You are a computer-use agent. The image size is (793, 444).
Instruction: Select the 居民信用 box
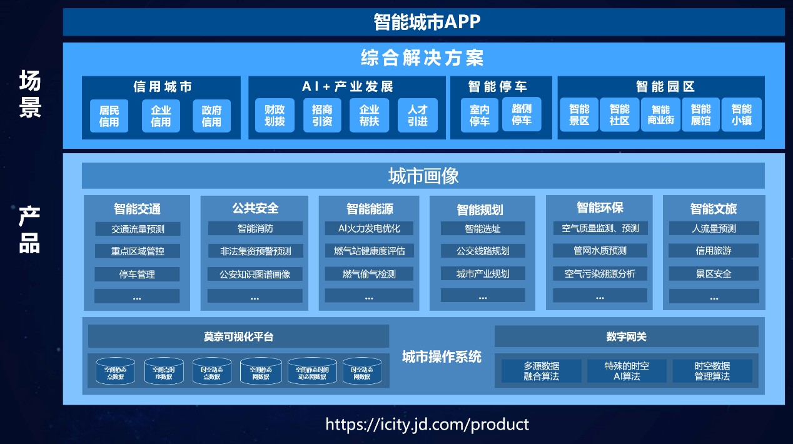[109, 116]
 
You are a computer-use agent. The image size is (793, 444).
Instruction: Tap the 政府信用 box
[211, 116]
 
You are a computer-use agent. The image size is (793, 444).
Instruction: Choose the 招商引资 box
[322, 116]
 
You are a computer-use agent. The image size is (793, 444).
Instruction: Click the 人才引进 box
[417, 116]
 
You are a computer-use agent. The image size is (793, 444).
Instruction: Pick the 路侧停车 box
[522, 114]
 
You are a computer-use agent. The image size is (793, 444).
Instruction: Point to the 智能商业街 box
[660, 115]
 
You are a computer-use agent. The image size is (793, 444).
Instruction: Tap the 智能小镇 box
[741, 115]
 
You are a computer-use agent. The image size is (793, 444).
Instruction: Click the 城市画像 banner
[423, 176]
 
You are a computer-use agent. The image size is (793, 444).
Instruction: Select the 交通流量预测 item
[138, 229]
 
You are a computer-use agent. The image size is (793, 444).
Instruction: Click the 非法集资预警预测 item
[255, 251]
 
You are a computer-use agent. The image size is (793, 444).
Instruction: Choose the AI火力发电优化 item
[369, 229]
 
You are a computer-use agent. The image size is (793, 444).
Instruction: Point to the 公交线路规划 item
[483, 251]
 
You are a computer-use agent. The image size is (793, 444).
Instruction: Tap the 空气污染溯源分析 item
[600, 274]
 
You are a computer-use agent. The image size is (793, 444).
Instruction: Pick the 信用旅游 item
[714, 251]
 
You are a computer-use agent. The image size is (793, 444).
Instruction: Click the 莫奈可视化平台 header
[238, 336]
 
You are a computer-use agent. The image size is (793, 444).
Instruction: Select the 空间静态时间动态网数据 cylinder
[312, 371]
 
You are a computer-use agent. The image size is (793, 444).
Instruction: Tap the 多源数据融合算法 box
[542, 371]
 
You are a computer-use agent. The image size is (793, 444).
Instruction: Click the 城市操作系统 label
[442, 357]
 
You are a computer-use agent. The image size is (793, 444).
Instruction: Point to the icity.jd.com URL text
[427, 425]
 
